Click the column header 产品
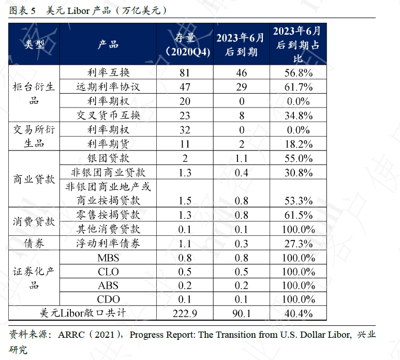point(108,44)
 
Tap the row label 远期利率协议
point(108,86)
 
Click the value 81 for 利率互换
point(185,72)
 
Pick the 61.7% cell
point(299,86)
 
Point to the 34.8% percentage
point(299,115)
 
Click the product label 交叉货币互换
point(108,115)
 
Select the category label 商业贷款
point(34,179)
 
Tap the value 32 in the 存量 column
point(185,130)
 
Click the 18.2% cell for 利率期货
point(299,144)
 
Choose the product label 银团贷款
point(108,158)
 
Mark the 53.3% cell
point(299,200)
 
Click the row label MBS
point(108,258)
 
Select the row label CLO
point(108,272)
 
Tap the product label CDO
point(108,299)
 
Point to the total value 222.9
point(185,313)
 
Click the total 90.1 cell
point(241,313)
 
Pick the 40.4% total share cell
point(299,313)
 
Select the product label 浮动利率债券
point(108,243)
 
